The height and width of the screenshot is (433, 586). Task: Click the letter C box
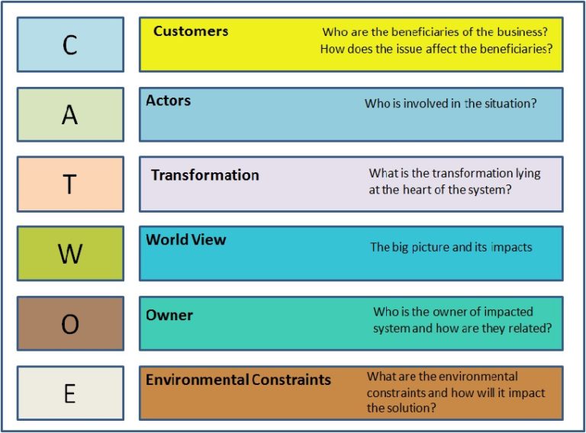tap(69, 45)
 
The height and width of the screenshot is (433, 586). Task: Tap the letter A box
tap(69, 114)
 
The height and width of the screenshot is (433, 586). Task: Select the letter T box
tap(69, 184)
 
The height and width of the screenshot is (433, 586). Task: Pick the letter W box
tap(69, 253)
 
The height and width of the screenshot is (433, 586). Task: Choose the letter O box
tap(69, 323)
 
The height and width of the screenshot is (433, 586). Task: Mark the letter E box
tap(69, 393)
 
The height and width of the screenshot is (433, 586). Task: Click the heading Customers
tap(190, 31)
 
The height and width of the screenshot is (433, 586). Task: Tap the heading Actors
tap(168, 101)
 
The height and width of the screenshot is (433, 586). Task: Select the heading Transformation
tap(204, 175)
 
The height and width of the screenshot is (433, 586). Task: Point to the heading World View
tap(185, 239)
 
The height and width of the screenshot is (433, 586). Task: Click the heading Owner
tap(169, 315)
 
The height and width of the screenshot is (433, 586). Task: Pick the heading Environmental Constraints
tap(238, 379)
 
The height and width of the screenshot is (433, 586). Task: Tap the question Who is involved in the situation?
tap(450, 103)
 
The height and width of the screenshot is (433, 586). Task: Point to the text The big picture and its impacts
tap(451, 247)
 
